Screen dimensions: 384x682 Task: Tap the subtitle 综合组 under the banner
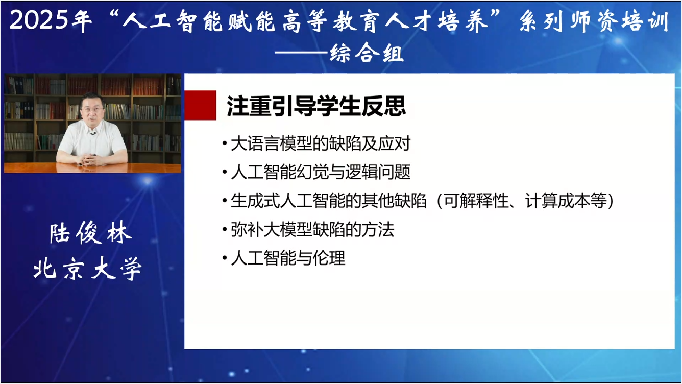point(367,53)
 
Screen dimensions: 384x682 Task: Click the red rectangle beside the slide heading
point(200,105)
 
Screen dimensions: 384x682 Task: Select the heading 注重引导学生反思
point(316,106)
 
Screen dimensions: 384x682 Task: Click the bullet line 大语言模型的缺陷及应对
point(320,144)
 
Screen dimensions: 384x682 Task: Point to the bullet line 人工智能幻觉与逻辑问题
point(320,173)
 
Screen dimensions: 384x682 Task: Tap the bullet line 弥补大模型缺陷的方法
point(312,230)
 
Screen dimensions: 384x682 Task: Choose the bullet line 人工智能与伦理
point(288,258)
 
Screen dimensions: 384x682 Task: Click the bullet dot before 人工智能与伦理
point(225,258)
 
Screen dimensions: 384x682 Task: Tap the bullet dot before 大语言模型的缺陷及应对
point(225,145)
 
